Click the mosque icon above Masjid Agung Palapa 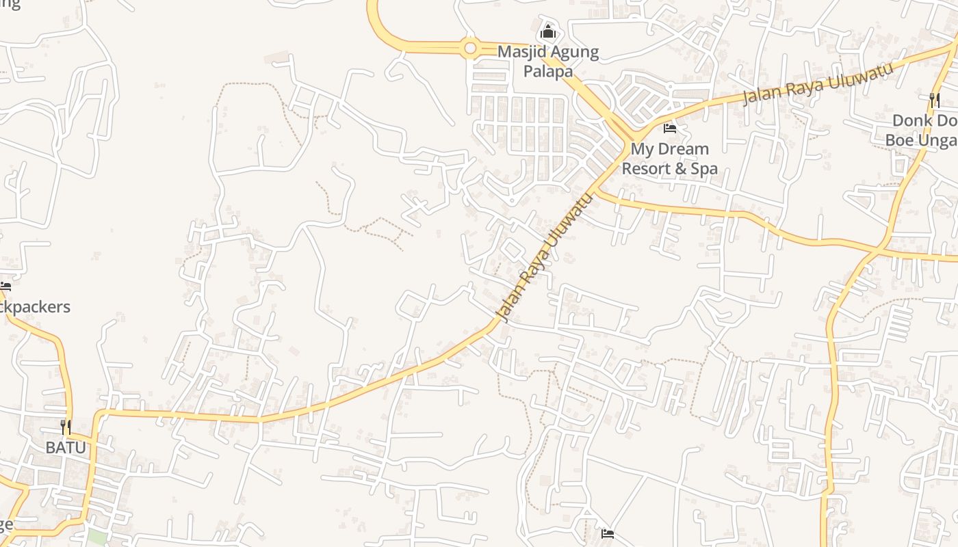(x=547, y=31)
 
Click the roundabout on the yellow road (x=469, y=48)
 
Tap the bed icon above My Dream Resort (x=670, y=128)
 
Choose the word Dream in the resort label (x=684, y=149)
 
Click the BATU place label (x=66, y=448)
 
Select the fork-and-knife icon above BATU (x=66, y=427)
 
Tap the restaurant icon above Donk (x=934, y=100)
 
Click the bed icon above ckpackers (x=5, y=286)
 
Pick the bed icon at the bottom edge (x=607, y=534)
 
